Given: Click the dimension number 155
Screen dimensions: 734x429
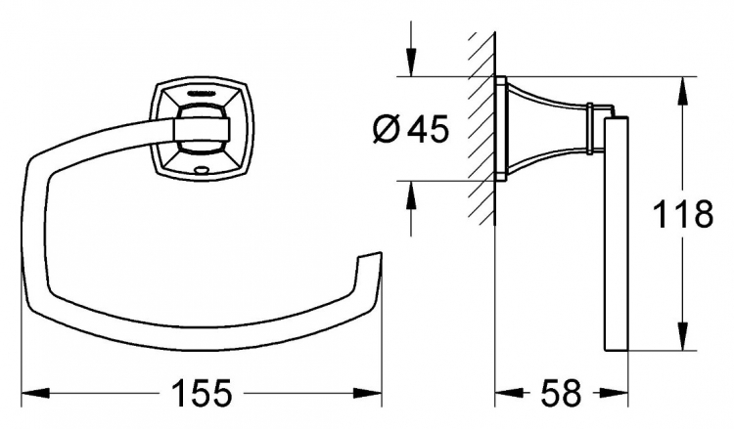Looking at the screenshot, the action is click(203, 393).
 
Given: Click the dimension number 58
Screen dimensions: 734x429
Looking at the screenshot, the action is click(561, 393).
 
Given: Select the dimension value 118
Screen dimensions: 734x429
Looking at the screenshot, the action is click(682, 214).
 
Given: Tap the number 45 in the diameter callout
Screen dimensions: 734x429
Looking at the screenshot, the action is click(428, 129).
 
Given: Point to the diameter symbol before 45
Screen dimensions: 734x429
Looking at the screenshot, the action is click(387, 129).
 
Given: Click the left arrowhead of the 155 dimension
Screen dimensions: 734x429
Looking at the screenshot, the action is click(35, 393).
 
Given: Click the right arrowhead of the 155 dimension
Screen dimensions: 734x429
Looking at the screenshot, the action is click(368, 393).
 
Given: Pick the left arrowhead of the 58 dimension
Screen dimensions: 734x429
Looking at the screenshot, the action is click(509, 393).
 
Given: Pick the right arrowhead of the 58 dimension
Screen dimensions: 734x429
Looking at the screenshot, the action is click(614, 393).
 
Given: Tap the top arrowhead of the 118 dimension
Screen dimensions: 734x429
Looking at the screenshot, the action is click(683, 90).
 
